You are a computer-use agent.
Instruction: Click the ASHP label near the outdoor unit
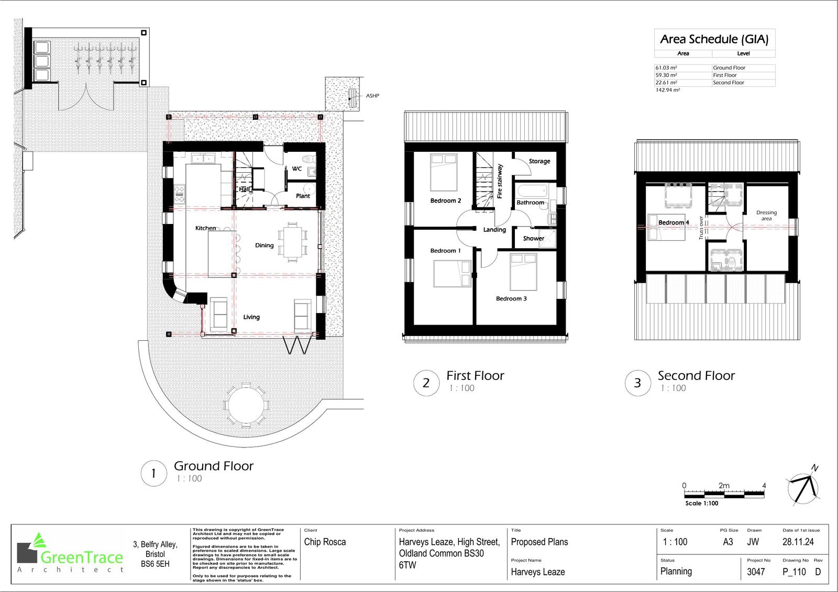372,96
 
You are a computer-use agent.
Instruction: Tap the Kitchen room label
205,228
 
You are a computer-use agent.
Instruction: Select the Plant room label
303,196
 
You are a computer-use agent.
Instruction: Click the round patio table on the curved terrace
246,405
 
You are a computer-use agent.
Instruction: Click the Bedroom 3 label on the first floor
511,299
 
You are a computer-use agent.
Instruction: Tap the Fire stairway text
500,181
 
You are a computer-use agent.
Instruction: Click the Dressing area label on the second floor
766,216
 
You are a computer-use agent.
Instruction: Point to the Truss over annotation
701,228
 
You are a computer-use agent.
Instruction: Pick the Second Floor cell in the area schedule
728,83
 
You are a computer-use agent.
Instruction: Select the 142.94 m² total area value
667,90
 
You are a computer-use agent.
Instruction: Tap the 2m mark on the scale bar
724,486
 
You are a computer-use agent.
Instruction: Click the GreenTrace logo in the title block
71,555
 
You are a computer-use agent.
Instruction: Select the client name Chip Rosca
325,542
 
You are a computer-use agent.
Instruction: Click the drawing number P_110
794,572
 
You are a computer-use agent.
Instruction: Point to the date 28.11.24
798,542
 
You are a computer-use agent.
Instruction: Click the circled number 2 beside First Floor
426,383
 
